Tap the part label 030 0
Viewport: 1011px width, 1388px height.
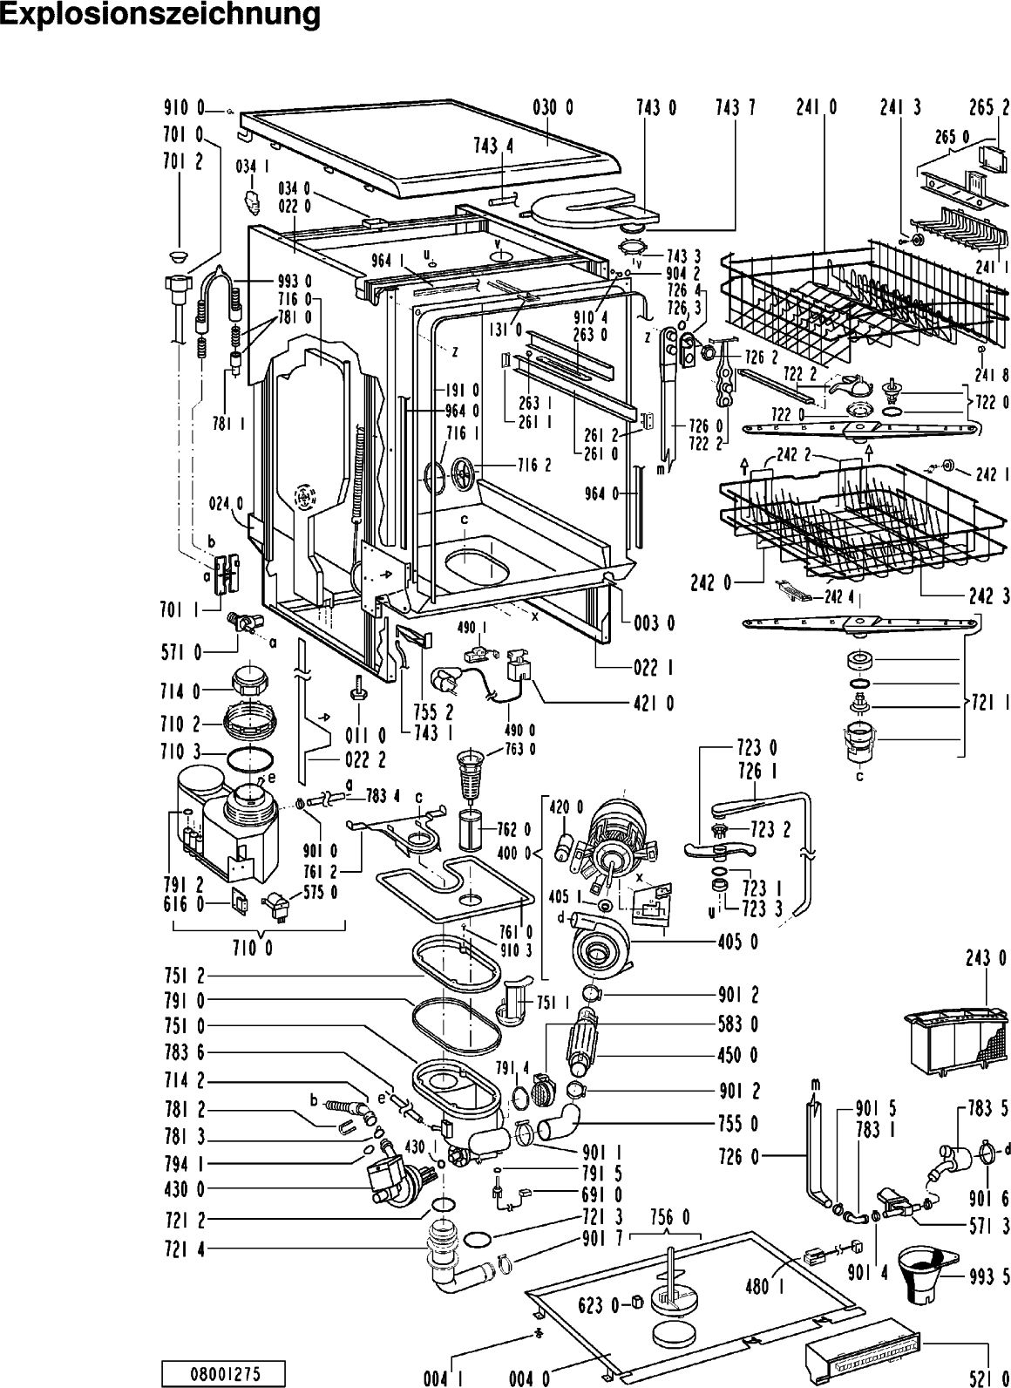553,108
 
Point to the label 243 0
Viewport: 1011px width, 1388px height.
987,958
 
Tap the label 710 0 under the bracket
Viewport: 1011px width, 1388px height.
253,949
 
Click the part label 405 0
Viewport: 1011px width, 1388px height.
738,942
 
